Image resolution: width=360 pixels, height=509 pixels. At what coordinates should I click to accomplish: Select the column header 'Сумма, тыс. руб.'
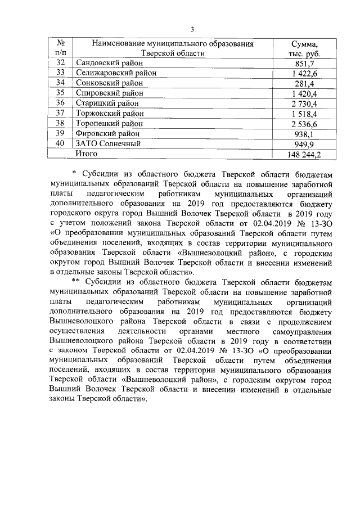click(x=304, y=49)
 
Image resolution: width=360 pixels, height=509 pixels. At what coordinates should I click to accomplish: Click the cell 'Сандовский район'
click(x=108, y=63)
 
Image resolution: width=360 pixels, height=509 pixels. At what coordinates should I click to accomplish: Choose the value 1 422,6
click(x=304, y=73)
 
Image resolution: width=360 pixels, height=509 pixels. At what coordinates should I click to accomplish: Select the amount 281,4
click(x=304, y=83)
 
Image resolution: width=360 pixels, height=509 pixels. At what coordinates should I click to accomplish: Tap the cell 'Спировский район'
click(x=109, y=93)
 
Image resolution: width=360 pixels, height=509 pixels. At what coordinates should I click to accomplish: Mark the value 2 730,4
click(x=304, y=103)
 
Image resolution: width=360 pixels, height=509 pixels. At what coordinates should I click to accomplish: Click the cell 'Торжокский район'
click(x=109, y=113)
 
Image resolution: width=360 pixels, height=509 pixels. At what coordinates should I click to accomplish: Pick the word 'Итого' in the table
click(x=87, y=153)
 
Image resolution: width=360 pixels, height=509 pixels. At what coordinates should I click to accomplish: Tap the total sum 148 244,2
click(x=304, y=154)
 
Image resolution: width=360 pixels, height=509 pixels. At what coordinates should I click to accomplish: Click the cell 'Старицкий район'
click(x=107, y=103)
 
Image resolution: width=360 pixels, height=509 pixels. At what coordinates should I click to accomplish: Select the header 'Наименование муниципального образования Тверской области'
click(x=173, y=49)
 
